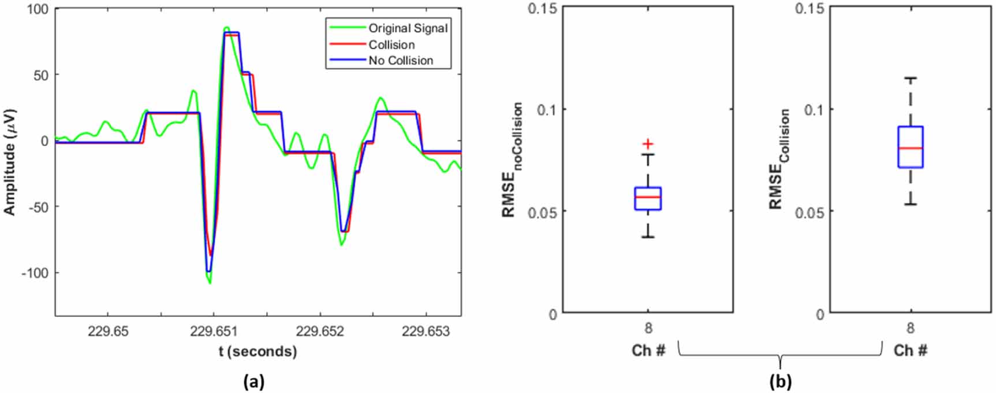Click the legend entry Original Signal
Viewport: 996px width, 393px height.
pyautogui.click(x=408, y=28)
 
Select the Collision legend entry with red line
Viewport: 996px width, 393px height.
pyautogui.click(x=391, y=45)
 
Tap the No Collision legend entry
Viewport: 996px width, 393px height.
pyautogui.click(x=401, y=61)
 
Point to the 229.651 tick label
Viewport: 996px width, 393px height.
pyautogui.click(x=214, y=331)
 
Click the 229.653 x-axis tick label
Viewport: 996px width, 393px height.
pyautogui.click(x=426, y=331)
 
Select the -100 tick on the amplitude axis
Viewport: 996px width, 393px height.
pyautogui.click(x=35, y=273)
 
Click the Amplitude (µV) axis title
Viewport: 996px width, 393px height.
pyautogui.click(x=10, y=162)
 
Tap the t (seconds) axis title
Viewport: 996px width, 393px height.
pyautogui.click(x=258, y=351)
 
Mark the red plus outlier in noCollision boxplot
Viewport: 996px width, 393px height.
pyautogui.click(x=648, y=144)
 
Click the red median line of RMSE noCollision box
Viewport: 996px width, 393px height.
pyautogui.click(x=648, y=197)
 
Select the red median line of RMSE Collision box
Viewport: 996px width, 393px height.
pyautogui.click(x=910, y=149)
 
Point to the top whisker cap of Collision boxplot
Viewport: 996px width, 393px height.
pyautogui.click(x=910, y=78)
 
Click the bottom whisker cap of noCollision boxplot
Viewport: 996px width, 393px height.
pyautogui.click(x=648, y=237)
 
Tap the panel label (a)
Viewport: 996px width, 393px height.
pyautogui.click(x=254, y=381)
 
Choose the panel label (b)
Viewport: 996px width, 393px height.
pyautogui.click(x=780, y=381)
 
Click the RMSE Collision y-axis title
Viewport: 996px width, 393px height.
pyautogui.click(x=779, y=159)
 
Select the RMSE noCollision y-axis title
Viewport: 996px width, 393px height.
pyautogui.click(x=512, y=160)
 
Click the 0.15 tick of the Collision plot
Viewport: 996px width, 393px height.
pyautogui.click(x=810, y=8)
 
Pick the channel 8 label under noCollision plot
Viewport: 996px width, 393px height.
pyautogui.click(x=648, y=328)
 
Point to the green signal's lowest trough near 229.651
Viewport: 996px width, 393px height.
pyautogui.click(x=210, y=283)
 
